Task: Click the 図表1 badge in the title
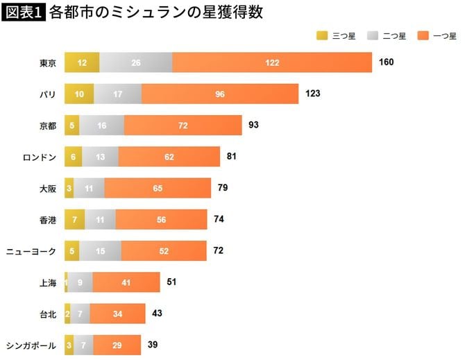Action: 24,13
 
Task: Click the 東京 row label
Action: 47,63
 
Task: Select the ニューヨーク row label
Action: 31,250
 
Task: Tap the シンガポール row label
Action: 31,344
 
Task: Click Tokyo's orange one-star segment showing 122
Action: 272,63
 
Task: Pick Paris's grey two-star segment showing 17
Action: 117,94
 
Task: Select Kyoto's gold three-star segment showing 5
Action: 71,126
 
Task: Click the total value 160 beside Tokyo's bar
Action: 387,62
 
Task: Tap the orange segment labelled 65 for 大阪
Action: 158,188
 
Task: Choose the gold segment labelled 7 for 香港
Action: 74,219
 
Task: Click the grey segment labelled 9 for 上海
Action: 80,282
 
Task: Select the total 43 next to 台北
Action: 157,313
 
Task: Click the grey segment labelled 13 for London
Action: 100,157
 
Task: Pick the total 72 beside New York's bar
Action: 219,250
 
